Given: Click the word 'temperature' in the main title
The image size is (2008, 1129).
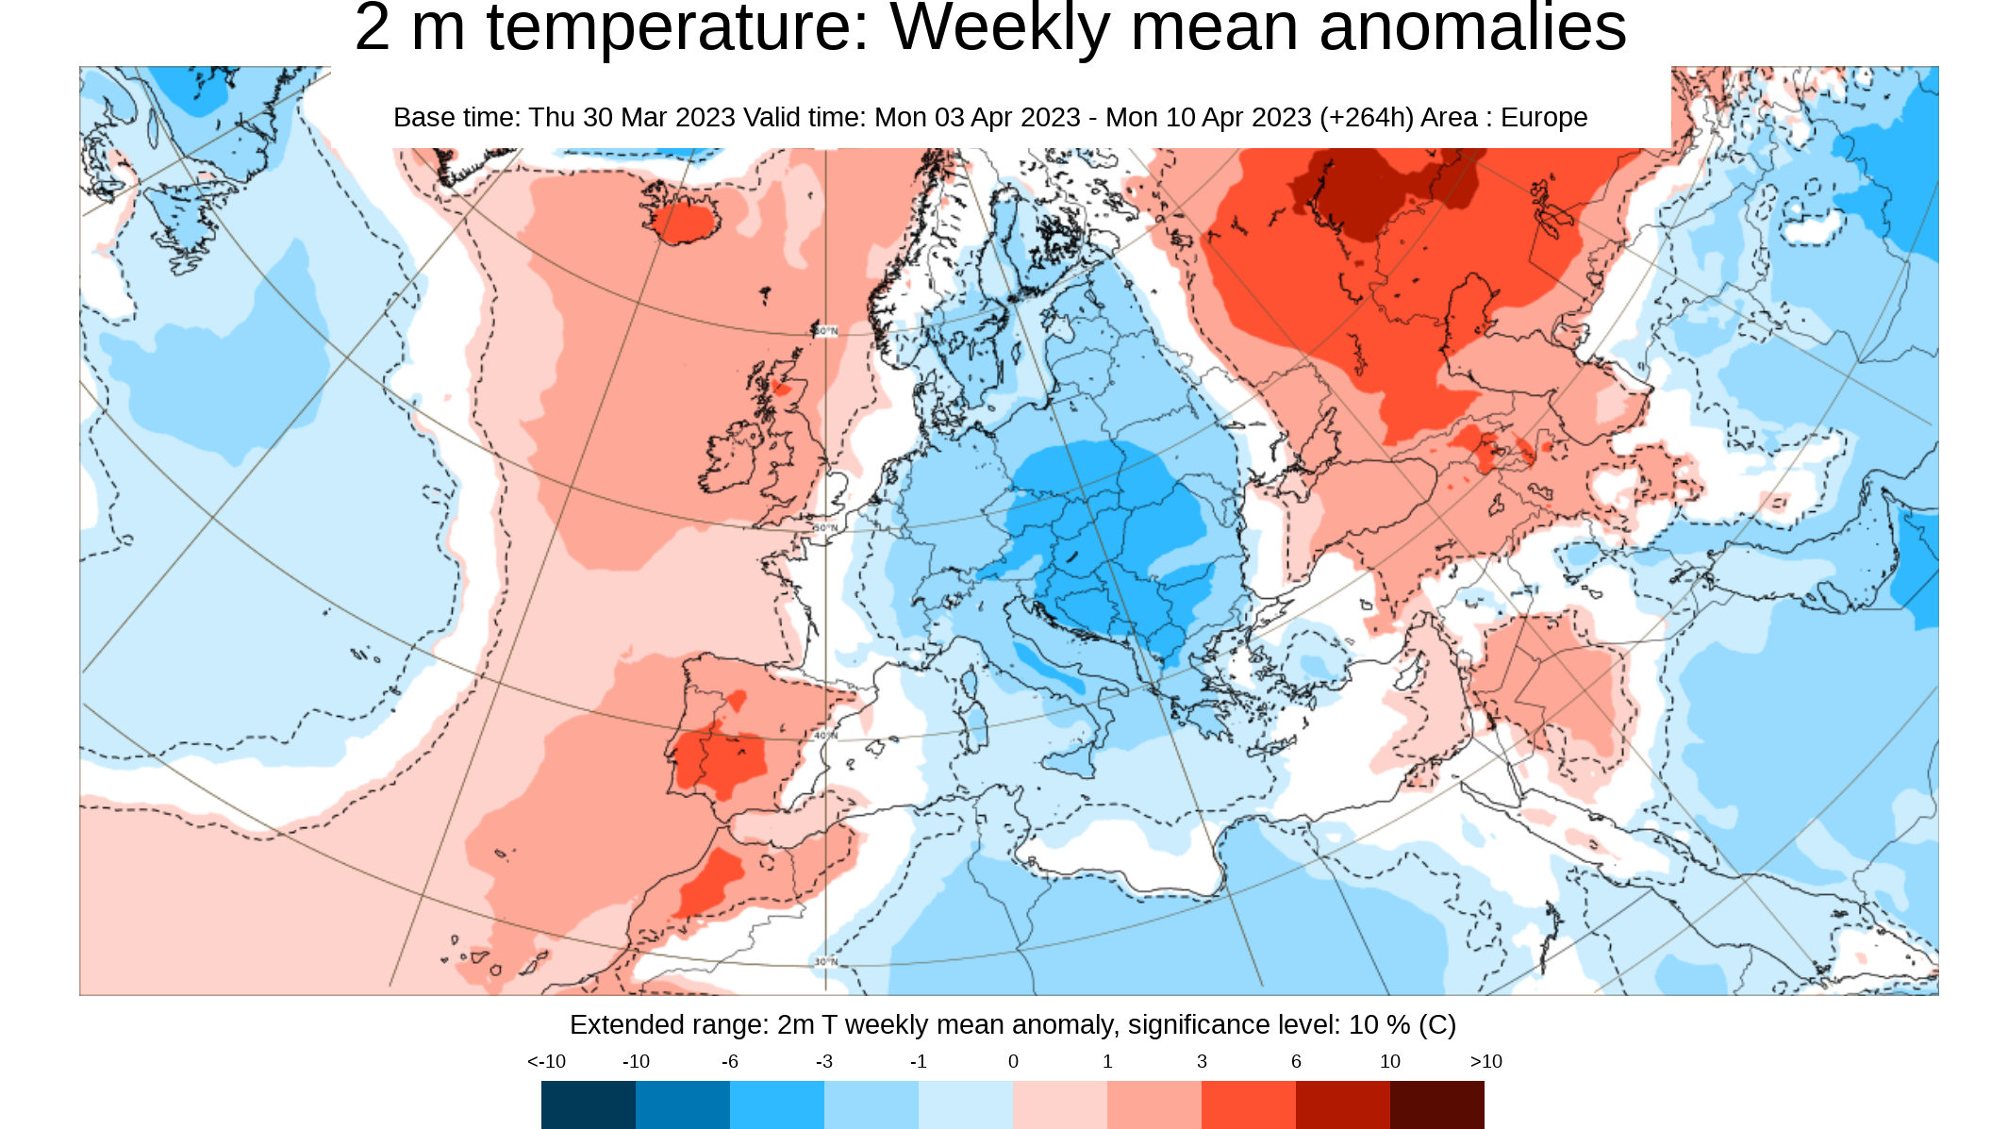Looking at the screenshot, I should click(x=677, y=28).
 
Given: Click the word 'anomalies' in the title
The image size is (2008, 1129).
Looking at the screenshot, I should click(x=1472, y=28).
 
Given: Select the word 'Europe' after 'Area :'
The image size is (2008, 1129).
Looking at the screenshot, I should click(x=1544, y=118).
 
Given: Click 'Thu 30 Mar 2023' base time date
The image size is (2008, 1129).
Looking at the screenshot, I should click(x=631, y=118).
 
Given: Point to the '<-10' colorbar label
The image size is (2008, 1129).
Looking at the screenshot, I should click(x=546, y=1062).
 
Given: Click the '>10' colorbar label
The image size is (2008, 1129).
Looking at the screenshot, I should click(x=1485, y=1062).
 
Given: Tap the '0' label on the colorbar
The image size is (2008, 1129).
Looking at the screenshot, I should click(x=1013, y=1062).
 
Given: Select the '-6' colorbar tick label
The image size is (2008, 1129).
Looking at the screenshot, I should click(x=729, y=1062).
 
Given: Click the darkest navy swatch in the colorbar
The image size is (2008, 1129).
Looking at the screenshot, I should click(x=589, y=1104).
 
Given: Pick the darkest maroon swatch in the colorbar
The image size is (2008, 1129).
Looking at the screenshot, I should click(x=1436, y=1104).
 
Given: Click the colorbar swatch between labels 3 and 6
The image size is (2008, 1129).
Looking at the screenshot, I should click(x=1248, y=1104).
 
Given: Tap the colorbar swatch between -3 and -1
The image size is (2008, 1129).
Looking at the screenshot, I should click(x=871, y=1104).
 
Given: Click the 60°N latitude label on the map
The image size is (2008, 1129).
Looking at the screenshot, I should click(x=825, y=331).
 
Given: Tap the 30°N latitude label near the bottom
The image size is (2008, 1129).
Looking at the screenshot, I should click(x=825, y=962).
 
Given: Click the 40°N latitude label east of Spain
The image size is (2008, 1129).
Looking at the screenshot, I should click(x=825, y=735).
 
